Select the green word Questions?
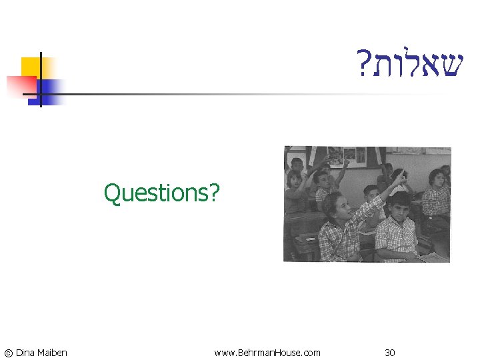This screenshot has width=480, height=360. coord(161,193)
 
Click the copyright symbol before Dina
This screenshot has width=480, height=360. coord(7,353)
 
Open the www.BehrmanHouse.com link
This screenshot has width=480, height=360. coord(267,353)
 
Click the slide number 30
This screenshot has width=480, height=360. coord(390,353)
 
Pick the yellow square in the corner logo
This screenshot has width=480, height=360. coord(30,66)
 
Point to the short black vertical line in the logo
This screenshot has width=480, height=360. coord(41,80)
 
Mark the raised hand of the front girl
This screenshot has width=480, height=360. coord(401,176)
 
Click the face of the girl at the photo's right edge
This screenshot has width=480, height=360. coord(437,178)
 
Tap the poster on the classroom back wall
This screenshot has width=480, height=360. coord(343,155)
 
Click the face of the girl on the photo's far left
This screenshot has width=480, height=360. coord(294,180)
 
